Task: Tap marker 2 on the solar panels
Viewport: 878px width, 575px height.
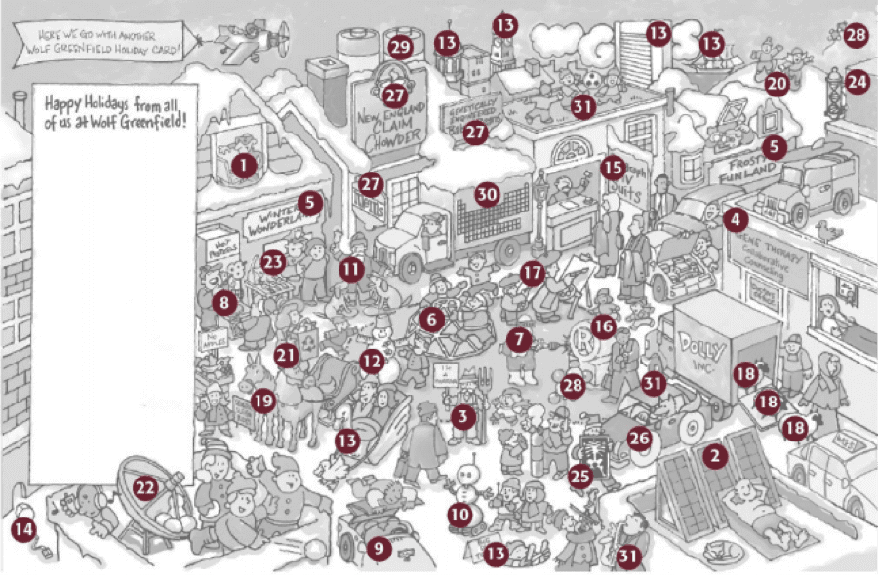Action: click(717, 455)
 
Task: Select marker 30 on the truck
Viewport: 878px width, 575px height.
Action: click(487, 194)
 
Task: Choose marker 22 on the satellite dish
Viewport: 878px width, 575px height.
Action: click(145, 486)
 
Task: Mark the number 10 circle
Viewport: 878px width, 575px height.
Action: click(460, 514)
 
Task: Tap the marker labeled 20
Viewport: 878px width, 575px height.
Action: click(777, 84)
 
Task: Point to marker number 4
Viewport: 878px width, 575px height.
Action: click(735, 220)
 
